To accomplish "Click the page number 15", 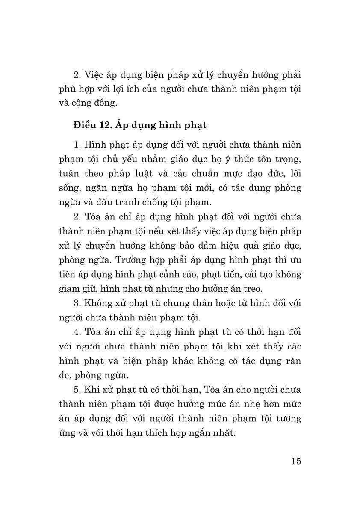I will pyautogui.click(x=296, y=461).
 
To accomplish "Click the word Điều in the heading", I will pyautogui.click(x=84, y=125).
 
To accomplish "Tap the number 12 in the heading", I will pyautogui.click(x=106, y=125).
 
